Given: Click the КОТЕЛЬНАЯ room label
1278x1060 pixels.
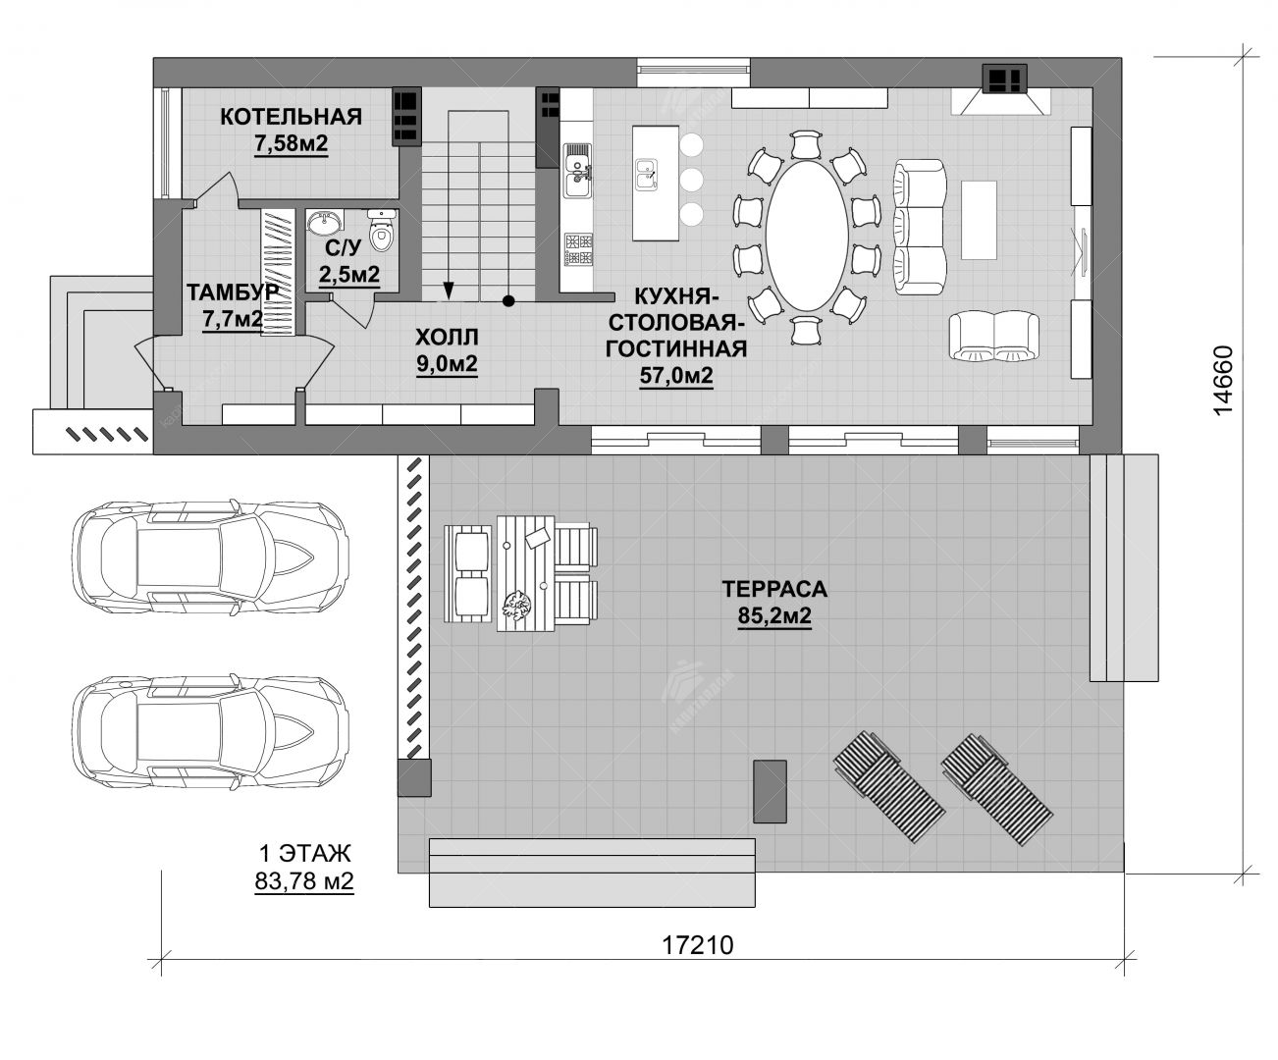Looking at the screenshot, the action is coord(291,116).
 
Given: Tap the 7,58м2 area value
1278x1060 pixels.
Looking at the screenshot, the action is coord(292,144).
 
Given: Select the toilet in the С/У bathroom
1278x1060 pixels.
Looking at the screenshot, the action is coord(382,230).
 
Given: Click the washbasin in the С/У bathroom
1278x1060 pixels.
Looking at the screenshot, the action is coord(324,223).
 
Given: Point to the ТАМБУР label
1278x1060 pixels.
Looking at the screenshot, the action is coord(233,292).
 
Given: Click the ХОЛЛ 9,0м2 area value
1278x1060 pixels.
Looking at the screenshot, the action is coord(447,363).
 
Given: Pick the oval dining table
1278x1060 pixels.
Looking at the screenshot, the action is coord(807,236).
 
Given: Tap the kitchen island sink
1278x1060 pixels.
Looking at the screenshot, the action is coord(646,175).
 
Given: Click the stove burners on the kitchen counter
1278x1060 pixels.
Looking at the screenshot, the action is coord(578,249).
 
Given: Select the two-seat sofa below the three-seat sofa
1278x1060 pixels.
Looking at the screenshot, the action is coord(993,336).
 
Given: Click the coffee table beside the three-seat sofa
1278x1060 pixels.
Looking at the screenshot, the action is coord(979,220).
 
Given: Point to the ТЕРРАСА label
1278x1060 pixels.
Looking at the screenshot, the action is coord(774,589).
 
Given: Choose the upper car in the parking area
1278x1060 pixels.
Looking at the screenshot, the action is coord(211,558).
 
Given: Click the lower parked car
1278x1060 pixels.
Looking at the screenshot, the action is coord(211,732).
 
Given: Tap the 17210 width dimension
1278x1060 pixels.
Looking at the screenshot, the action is coord(698,945).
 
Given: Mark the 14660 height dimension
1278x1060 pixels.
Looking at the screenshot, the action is coord(1223,381).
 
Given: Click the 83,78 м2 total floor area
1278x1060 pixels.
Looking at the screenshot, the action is coord(304,881).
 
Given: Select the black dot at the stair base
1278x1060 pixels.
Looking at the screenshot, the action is coord(508,301).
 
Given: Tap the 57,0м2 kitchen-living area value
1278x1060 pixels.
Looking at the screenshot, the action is coord(676,375).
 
